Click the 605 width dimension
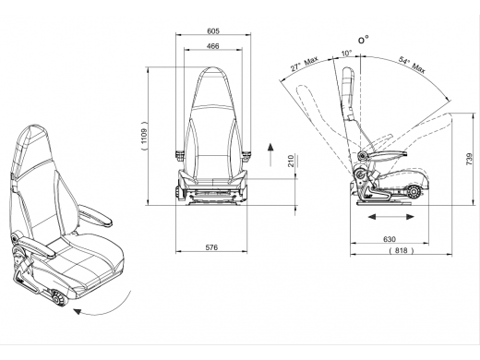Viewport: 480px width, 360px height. point(213,30)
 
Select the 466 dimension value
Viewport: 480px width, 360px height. point(213,46)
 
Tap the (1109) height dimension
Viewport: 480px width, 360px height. point(144,136)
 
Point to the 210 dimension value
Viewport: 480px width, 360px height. point(291,161)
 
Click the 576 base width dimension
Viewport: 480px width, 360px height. point(211,247)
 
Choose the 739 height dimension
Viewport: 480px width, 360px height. point(469,159)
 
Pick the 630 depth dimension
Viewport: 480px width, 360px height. point(390,239)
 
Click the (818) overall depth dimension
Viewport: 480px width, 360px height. point(402,250)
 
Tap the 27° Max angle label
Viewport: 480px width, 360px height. point(304,64)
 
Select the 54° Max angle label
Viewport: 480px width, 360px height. point(413,65)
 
